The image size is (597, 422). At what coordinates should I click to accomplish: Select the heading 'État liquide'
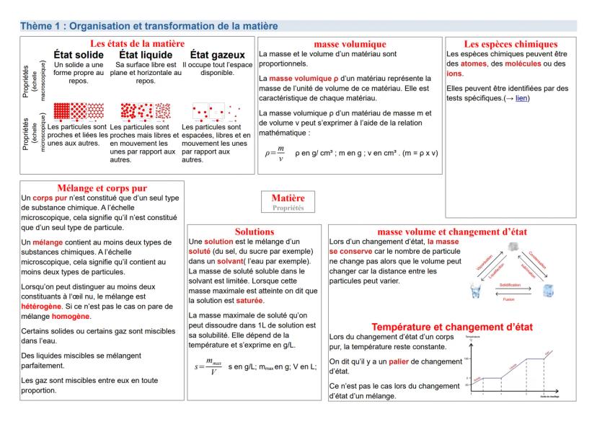pyautogui.click(x=146, y=55)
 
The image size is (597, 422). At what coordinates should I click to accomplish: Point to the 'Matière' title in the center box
pyautogui.click(x=288, y=198)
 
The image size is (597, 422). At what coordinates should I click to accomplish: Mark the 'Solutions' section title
pyautogui.click(x=255, y=231)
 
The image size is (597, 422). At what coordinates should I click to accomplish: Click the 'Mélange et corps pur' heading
pyautogui.click(x=102, y=187)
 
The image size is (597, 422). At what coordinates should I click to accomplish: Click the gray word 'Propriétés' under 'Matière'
pyautogui.click(x=288, y=207)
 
